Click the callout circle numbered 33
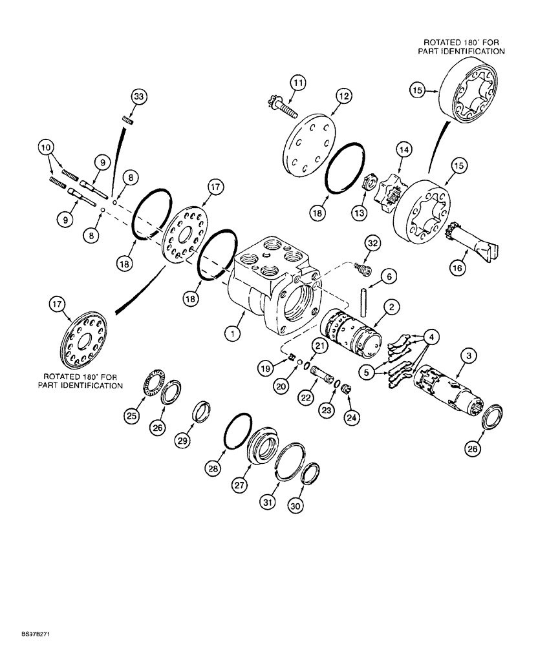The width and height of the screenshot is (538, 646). (x=139, y=96)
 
